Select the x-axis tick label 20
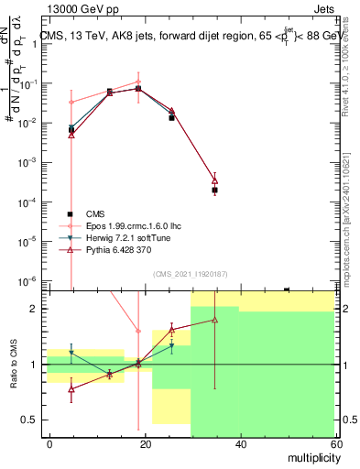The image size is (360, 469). (145, 443)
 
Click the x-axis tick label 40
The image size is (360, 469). (239, 443)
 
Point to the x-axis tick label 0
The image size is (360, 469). (50, 443)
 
